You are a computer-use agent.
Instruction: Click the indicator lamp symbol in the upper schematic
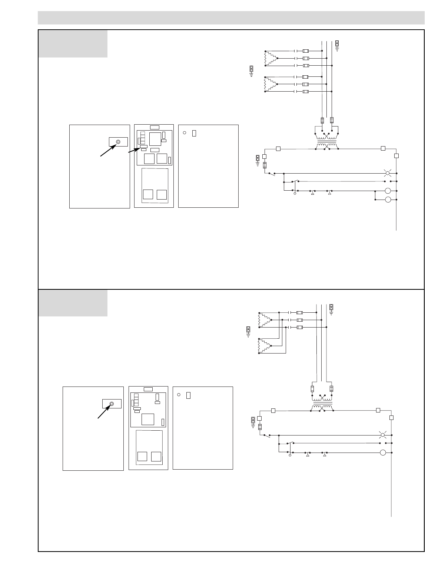coord(388,173)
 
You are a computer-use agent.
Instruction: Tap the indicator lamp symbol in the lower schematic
coord(383,435)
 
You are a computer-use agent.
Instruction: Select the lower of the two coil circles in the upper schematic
coord(388,200)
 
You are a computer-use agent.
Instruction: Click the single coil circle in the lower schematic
coord(383,453)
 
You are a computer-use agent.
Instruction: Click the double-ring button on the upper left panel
coord(118,142)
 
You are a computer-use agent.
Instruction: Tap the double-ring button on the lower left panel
coord(112,404)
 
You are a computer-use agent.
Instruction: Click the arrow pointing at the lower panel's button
coord(104,411)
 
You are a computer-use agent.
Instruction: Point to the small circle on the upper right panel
coord(185,132)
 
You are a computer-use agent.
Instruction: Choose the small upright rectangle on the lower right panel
coord(188,395)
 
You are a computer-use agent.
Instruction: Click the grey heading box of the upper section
coord(73,44)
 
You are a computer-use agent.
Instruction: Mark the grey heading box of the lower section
coord(73,303)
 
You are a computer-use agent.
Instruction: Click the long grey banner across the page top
coord(231,17)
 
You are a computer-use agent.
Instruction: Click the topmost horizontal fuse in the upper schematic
coord(306,51)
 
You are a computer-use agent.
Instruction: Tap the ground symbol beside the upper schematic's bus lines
coord(337,45)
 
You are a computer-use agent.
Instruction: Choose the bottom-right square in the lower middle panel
coord(156,456)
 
